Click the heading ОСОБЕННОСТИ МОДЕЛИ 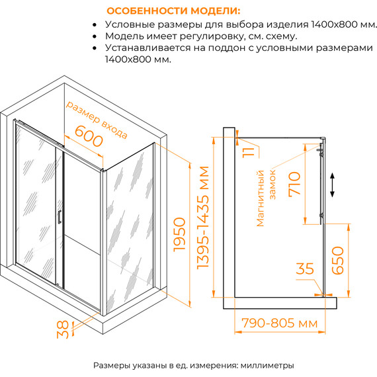point(174,11)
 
